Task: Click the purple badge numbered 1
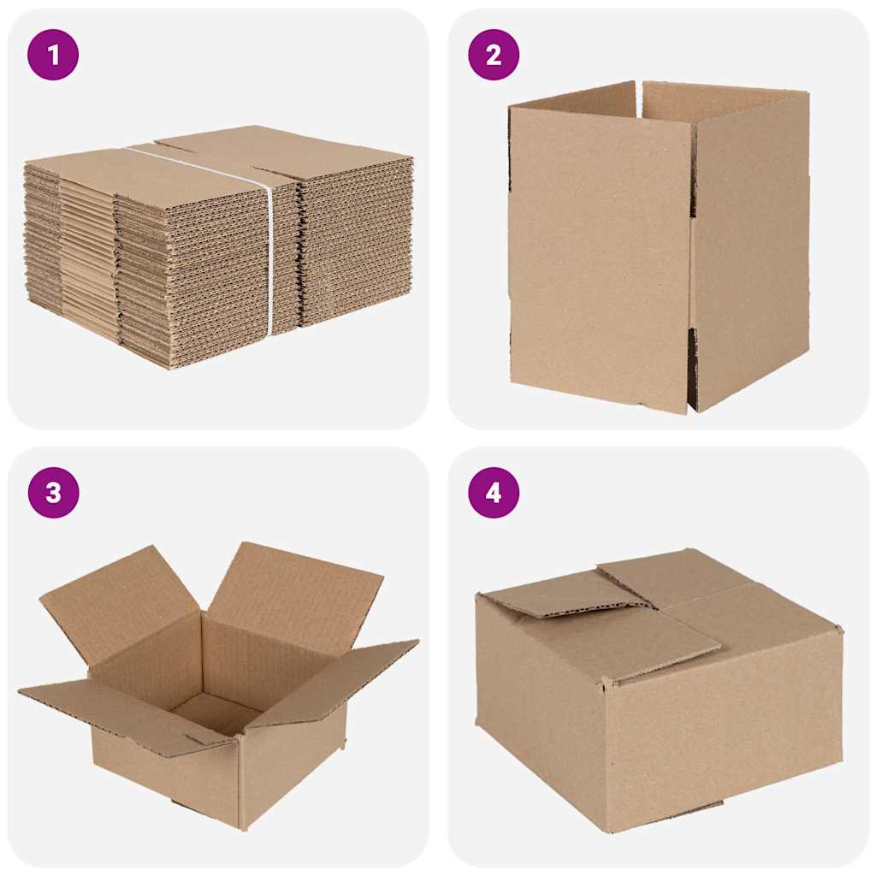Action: click(53, 55)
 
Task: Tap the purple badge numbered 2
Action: click(494, 55)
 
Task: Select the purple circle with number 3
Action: click(53, 493)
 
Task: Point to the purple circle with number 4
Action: click(494, 493)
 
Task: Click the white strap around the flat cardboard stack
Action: click(269, 257)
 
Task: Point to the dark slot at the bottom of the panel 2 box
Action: click(693, 368)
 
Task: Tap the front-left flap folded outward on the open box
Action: click(128, 710)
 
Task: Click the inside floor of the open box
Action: click(214, 710)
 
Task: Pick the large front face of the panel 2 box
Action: click(599, 257)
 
